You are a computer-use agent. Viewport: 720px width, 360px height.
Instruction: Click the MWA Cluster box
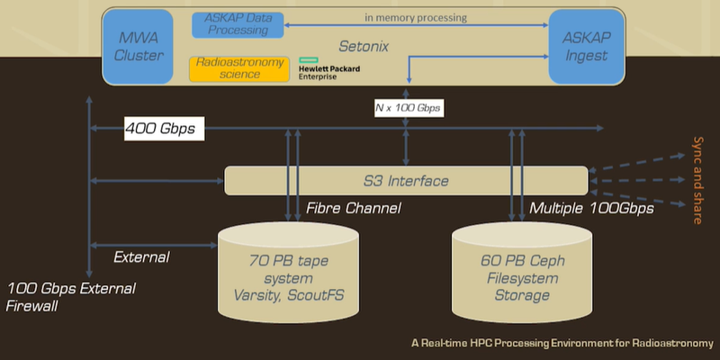pos(138,47)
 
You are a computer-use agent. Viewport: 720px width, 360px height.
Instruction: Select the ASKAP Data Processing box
pos(237,25)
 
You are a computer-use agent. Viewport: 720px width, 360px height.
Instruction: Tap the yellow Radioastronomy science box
pos(238,69)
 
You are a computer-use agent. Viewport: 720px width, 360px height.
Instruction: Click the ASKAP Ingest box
pos(587,47)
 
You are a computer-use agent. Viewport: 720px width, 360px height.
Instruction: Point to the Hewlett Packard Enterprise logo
pos(328,68)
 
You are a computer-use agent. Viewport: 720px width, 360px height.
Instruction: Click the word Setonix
pos(364,47)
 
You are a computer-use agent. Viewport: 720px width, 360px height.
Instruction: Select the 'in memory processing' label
pos(416,18)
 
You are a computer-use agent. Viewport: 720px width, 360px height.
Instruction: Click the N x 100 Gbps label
pos(409,109)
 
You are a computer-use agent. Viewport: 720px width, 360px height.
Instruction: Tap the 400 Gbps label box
pos(165,129)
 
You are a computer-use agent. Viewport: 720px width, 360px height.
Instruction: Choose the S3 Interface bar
pos(406,181)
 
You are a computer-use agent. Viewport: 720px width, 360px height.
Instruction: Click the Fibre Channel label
pos(354,209)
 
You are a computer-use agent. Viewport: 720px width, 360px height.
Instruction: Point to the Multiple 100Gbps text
pos(591,209)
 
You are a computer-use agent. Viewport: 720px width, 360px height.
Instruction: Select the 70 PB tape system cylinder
pos(288,273)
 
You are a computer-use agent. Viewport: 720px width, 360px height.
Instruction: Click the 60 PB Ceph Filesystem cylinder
pos(522,273)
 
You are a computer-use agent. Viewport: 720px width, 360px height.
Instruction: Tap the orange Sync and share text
pos(697,181)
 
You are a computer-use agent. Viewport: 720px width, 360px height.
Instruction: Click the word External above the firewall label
pos(141,257)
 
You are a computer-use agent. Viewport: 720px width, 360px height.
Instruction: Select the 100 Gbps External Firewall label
pos(71,297)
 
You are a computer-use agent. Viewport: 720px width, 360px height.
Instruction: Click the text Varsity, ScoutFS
pos(288,295)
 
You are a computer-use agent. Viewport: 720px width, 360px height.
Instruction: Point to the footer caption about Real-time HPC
pos(562,343)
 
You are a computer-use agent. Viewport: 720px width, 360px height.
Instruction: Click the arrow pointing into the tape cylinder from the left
pos(153,246)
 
